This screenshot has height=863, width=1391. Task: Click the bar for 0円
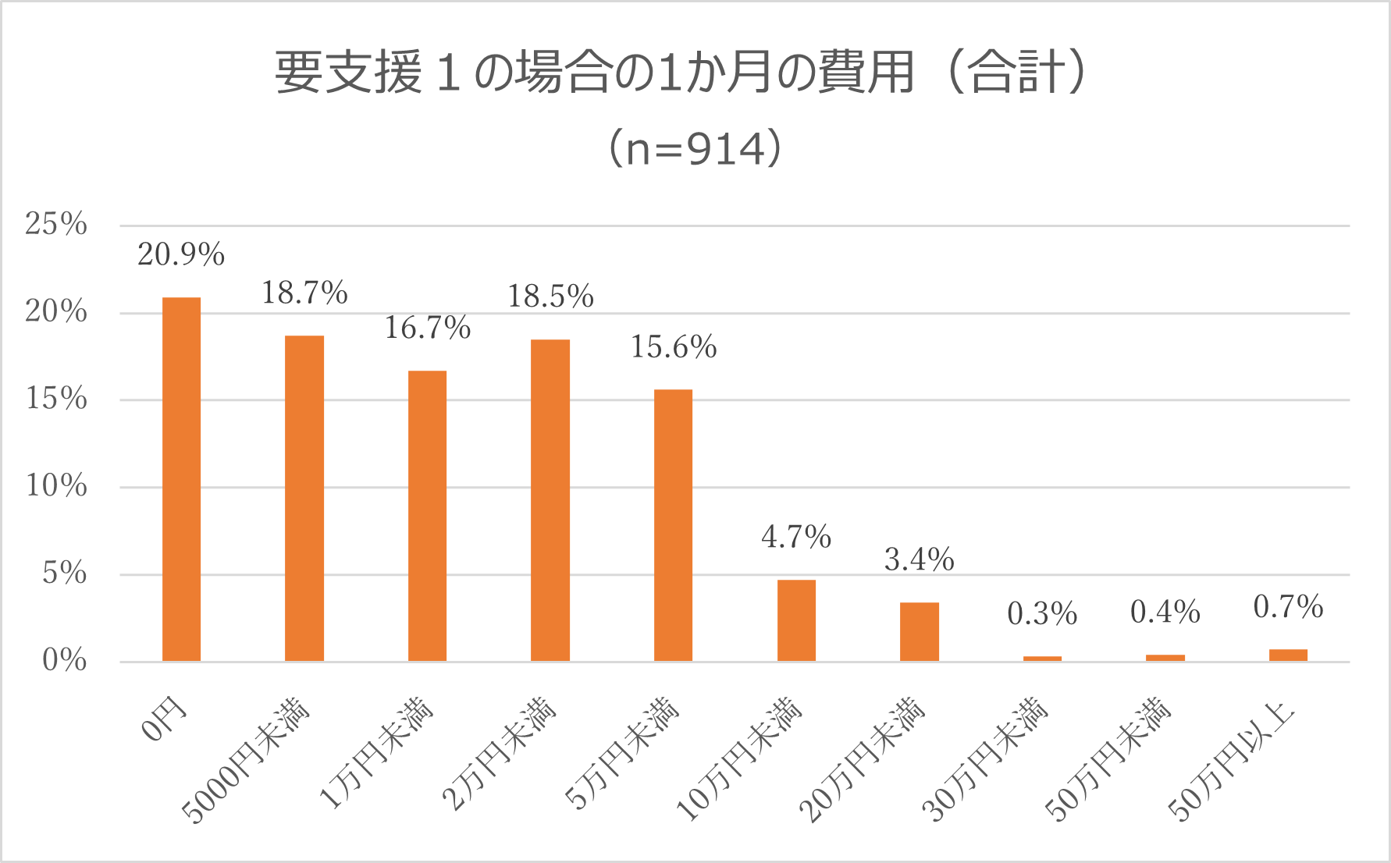point(181,479)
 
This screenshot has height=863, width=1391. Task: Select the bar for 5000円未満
point(304,499)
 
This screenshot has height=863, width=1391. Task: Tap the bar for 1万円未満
point(427,516)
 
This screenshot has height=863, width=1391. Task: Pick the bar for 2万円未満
point(550,500)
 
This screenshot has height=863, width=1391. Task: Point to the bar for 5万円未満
point(673,525)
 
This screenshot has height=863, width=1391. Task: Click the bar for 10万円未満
point(796,620)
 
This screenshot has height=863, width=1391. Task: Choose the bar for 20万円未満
point(919,632)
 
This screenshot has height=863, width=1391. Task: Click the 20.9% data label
point(181,254)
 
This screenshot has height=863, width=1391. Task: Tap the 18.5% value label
point(550,297)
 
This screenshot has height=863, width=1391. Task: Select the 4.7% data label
point(796,537)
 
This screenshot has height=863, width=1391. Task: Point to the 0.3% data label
point(1042,614)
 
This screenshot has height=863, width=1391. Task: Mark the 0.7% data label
point(1288,607)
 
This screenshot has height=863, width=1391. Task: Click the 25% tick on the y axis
point(56,224)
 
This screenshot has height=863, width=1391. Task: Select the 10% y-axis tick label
point(56,486)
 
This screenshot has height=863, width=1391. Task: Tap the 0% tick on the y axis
point(64,660)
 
